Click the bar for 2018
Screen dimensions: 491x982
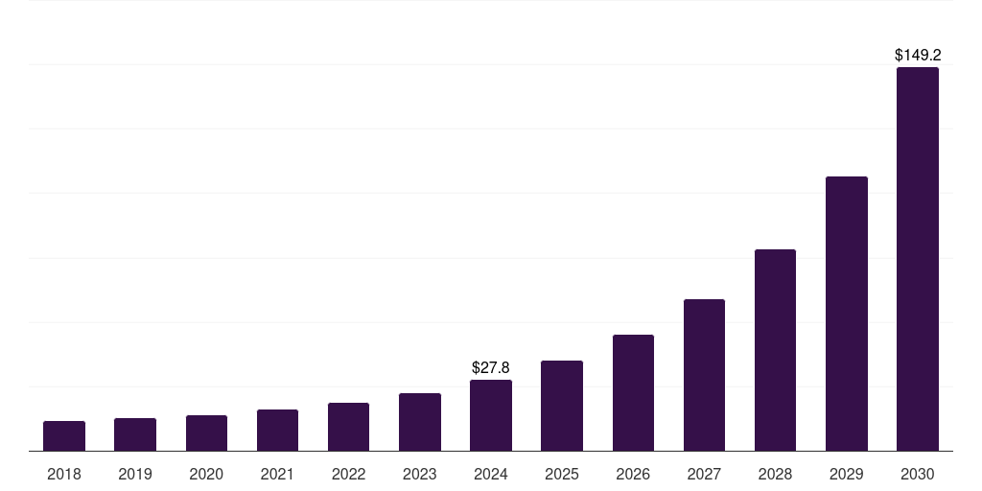pos(64,436)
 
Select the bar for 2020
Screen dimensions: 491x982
pos(206,433)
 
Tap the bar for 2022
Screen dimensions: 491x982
pos(348,427)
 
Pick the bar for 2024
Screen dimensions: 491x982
pos(491,415)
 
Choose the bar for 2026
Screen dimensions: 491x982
pos(633,393)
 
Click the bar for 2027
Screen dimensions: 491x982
pos(704,375)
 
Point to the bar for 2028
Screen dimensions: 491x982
pos(775,350)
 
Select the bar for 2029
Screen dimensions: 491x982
pos(847,314)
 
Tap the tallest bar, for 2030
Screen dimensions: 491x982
pos(918,259)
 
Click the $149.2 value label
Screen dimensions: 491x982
pos(918,56)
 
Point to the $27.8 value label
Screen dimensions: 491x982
pos(491,367)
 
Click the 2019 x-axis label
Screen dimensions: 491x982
pos(135,474)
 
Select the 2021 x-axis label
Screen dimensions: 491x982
pos(277,474)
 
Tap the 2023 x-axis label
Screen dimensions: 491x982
pos(420,474)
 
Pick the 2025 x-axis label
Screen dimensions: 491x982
pos(562,474)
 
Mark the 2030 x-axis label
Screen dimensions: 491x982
pos(918,474)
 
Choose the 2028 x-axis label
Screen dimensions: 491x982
pos(775,474)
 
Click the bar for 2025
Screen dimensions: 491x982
pos(562,406)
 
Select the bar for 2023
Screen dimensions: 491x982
pos(420,422)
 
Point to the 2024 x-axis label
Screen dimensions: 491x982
pos(491,474)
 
